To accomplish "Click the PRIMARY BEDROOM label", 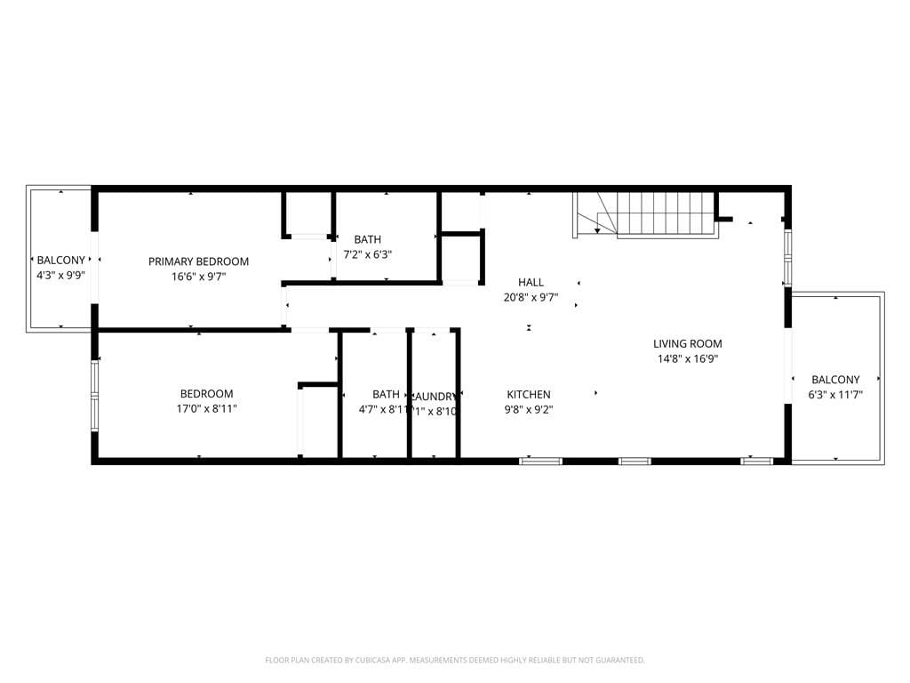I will click(198, 261).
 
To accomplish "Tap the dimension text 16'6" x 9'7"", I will click(198, 277).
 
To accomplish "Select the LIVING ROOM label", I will click(687, 343).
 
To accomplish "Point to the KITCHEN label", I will click(529, 395).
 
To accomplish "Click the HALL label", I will click(531, 283).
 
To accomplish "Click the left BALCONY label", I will click(61, 261).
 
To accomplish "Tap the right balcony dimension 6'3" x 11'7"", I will click(835, 395).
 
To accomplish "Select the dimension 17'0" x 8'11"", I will click(207, 409).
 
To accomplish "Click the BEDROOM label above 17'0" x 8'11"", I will click(207, 394).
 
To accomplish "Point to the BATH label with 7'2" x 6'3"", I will click(368, 239).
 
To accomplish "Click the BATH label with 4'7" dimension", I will click(386, 394).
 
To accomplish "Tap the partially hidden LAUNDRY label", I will click(434, 396).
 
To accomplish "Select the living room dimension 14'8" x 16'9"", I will click(687, 359).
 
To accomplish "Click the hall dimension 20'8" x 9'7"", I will click(531, 298).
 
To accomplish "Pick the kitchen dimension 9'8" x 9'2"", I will click(529, 410).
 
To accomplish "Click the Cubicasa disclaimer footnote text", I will click(455, 660).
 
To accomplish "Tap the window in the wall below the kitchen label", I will click(540, 461).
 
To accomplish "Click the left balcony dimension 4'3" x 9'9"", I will click(61, 276).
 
